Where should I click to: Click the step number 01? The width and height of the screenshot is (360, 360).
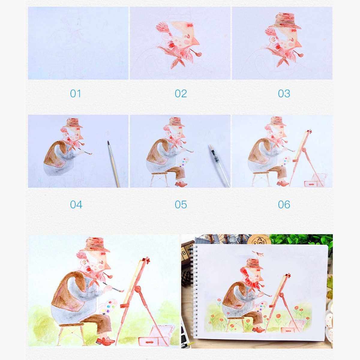tap(76, 94)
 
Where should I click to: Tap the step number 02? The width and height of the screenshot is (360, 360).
tap(181, 94)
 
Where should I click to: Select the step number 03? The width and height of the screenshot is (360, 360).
tap(284, 94)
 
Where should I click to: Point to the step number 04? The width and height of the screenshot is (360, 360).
tap(76, 205)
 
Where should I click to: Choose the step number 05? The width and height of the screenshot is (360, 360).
tap(181, 205)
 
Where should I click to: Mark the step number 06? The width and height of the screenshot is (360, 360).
tap(284, 205)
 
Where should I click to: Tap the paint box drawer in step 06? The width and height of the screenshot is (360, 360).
tap(311, 184)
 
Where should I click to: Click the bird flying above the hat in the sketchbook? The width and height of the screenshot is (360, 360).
tap(258, 253)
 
